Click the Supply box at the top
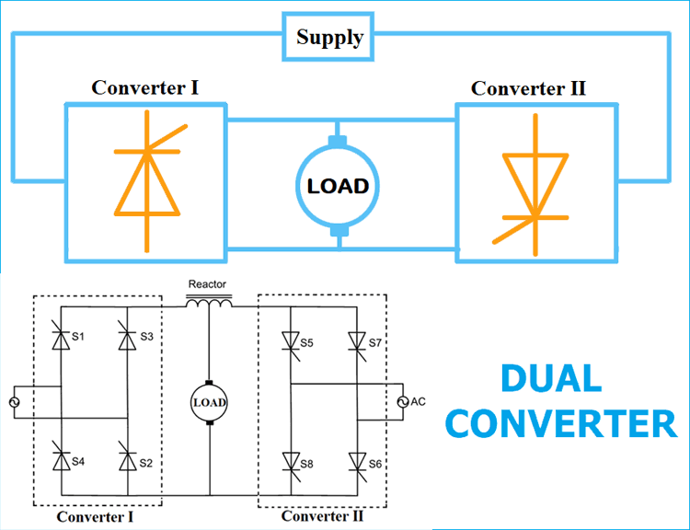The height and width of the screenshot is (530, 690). pyautogui.click(x=329, y=38)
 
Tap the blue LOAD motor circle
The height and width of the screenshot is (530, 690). pyautogui.click(x=338, y=186)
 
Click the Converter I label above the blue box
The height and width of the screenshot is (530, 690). pyautogui.click(x=144, y=88)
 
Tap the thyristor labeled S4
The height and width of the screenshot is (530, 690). pyautogui.click(x=61, y=456)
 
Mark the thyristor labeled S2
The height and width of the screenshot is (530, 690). pyautogui.click(x=127, y=456)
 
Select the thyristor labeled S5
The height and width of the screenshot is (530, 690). pyautogui.click(x=290, y=340)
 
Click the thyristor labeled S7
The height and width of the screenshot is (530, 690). pyautogui.click(x=357, y=340)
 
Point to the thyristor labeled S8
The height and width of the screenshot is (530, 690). pyautogui.click(x=290, y=459)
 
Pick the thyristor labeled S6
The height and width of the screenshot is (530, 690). pyautogui.click(x=357, y=459)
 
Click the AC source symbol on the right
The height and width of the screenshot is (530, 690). pyautogui.click(x=402, y=402)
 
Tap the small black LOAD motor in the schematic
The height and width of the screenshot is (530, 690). pyautogui.click(x=209, y=402)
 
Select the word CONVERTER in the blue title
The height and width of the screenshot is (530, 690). pyautogui.click(x=566, y=424)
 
